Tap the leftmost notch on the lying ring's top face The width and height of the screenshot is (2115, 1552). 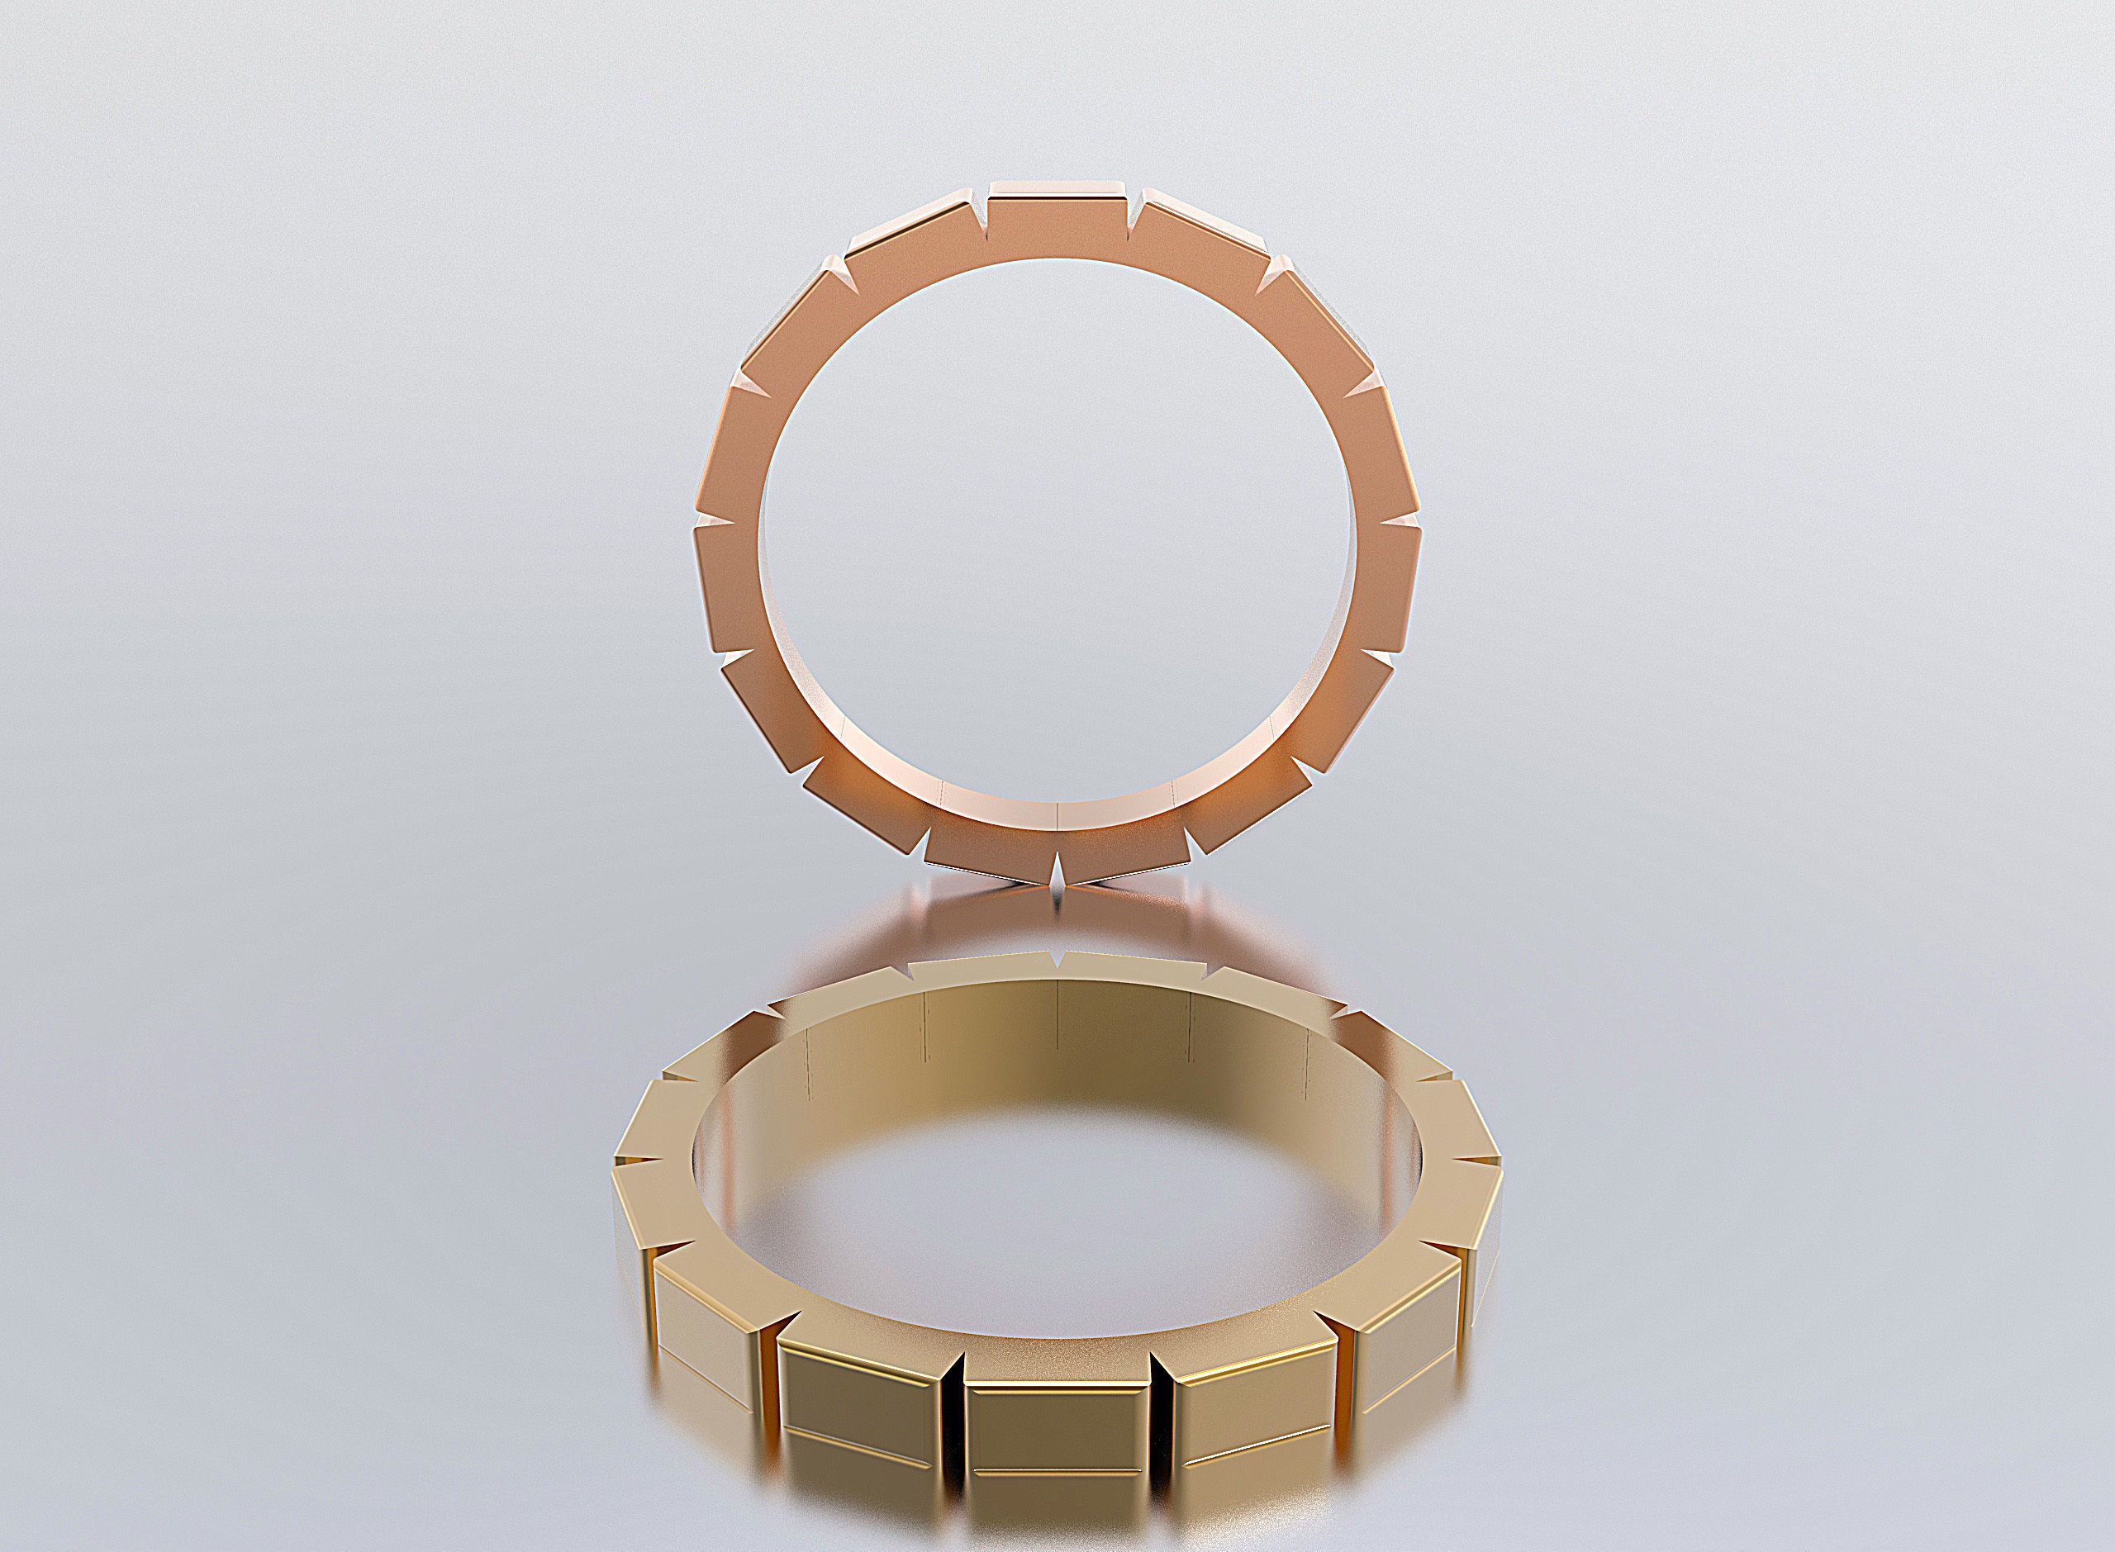tap(639, 1167)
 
